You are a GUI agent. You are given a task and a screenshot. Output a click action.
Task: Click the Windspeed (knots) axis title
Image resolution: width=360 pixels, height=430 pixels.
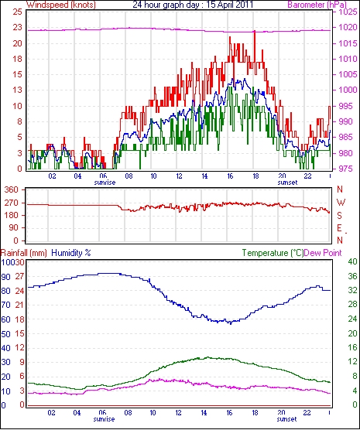click(x=61, y=5)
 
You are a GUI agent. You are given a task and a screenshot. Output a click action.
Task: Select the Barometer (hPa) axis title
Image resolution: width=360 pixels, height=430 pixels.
click(x=317, y=5)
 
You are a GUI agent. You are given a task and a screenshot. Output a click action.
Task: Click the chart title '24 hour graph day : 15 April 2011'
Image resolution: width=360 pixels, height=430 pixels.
click(x=193, y=5)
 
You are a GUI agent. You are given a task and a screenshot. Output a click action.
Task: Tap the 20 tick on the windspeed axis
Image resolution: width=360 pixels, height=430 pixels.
click(x=17, y=43)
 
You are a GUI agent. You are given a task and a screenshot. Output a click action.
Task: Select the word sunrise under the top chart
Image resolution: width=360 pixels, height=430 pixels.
click(x=105, y=183)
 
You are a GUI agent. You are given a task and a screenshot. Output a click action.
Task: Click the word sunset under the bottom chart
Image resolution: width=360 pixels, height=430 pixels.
click(x=286, y=419)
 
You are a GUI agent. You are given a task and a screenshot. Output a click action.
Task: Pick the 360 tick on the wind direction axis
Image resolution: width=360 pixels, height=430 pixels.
click(x=12, y=189)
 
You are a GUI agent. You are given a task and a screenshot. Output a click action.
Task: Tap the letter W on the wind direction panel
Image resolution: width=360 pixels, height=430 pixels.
click(x=341, y=203)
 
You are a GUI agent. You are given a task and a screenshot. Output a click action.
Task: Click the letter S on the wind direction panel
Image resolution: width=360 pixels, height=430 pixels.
click(x=339, y=216)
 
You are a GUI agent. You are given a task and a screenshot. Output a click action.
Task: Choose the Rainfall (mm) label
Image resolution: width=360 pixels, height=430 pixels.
click(x=24, y=253)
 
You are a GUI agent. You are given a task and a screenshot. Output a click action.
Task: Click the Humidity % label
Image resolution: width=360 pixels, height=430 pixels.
click(x=71, y=253)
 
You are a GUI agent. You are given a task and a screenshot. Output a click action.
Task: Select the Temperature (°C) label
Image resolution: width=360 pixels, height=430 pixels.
click(x=273, y=253)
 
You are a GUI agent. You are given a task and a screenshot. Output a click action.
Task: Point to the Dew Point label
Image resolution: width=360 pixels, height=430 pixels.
click(x=323, y=253)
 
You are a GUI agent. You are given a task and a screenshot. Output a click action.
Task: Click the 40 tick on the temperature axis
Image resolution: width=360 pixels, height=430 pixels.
click(x=352, y=261)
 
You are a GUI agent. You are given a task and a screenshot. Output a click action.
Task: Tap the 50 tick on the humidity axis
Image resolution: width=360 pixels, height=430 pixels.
click(x=5, y=334)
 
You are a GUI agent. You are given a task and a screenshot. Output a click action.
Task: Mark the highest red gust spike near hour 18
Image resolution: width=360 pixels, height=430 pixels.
click(x=255, y=32)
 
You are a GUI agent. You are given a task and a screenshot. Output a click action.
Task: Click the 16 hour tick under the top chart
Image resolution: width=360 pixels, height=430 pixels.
click(x=230, y=176)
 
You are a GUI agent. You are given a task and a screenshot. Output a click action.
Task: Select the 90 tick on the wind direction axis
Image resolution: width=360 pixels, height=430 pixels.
click(x=13, y=228)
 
